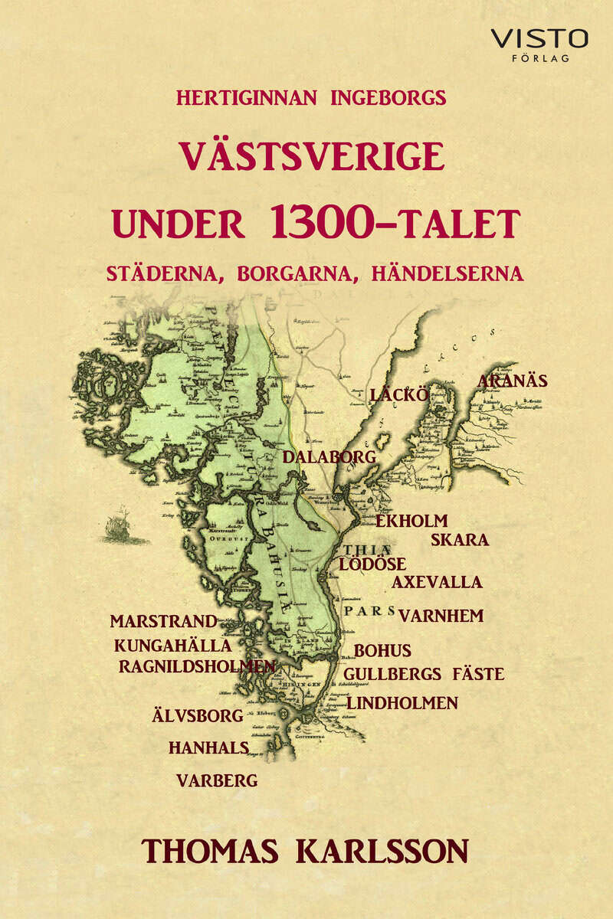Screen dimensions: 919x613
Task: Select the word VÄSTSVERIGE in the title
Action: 311,157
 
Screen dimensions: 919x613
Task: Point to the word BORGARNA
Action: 302,274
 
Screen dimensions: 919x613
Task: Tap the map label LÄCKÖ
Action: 397,395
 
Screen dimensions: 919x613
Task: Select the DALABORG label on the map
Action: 329,457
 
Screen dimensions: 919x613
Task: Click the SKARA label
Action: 460,539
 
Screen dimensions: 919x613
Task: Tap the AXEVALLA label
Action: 437,582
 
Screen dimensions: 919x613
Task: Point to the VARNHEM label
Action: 441,616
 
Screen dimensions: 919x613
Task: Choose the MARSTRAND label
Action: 163,621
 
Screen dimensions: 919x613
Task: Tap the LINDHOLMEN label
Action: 402,702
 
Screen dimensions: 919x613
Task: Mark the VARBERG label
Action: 217,781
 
